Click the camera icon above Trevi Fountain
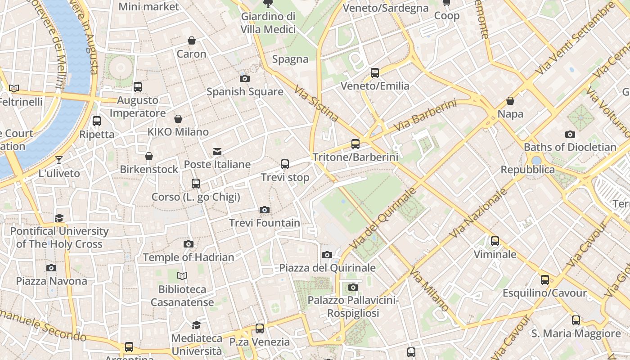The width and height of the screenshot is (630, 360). tap(265, 210)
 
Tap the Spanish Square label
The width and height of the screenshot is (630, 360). tap(245, 92)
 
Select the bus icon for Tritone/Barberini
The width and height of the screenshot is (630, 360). tap(355, 144)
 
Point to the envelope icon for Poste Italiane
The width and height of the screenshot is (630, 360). tap(217, 152)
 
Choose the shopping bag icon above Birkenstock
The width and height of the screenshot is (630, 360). tap(149, 156)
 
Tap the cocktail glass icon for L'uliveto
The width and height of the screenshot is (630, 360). tap(58, 160)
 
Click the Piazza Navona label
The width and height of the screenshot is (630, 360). tap(52, 281)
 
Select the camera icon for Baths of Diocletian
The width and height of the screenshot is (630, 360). tap(570, 134)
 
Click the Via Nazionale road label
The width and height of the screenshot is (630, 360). tap(478, 213)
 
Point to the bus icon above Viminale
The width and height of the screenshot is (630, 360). tap(495, 241)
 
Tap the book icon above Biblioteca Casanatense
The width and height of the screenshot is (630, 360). tap(182, 276)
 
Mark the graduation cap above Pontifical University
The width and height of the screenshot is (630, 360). tap(59, 218)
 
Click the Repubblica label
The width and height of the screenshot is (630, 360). tap(528, 170)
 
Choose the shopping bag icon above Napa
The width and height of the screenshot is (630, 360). tap(510, 101)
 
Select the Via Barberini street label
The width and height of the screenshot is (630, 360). tap(425, 116)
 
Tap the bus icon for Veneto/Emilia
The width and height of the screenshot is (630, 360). tap(375, 73)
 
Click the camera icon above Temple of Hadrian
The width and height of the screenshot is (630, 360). tap(189, 244)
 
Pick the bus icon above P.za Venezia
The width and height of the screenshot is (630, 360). tap(260, 328)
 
